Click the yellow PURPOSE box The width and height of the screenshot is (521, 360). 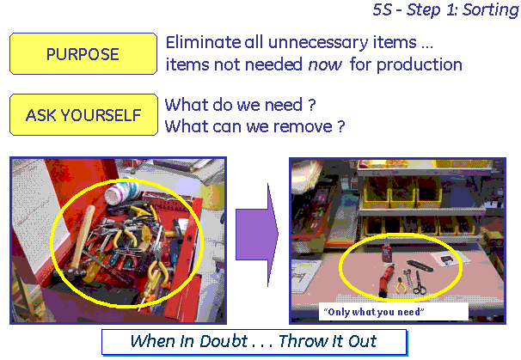83,53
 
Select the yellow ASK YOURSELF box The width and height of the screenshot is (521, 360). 83,114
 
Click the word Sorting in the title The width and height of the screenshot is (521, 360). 490,10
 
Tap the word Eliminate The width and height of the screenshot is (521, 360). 203,42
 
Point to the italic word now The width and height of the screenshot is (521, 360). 325,64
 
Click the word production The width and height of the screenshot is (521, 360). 420,65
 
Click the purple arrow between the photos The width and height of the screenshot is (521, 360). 257,235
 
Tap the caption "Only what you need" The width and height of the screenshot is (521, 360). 373,312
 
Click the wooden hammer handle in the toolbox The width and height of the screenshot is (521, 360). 82,235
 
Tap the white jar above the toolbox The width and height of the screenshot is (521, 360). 122,191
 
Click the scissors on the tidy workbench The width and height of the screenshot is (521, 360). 420,284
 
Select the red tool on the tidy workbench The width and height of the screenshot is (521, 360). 385,278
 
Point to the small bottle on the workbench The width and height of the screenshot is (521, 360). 386,250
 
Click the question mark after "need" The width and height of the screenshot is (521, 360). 311,105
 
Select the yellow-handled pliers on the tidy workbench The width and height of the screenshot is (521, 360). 401,285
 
